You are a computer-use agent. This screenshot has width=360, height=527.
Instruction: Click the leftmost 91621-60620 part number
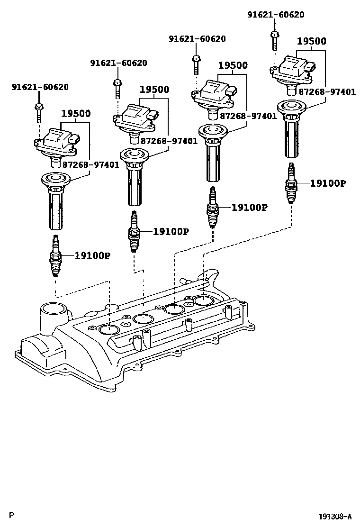[x=40, y=87]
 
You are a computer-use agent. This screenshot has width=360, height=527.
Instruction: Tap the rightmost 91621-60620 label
[x=276, y=15]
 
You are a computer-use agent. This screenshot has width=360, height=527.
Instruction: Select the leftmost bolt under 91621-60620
[x=38, y=110]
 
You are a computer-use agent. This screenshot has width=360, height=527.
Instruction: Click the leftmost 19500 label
[x=76, y=114]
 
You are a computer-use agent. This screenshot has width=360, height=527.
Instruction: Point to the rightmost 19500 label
[x=311, y=41]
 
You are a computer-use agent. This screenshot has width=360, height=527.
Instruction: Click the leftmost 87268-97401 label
[x=90, y=164]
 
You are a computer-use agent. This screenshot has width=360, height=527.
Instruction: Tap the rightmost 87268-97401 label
[x=326, y=92]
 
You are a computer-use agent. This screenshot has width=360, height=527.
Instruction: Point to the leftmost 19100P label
[x=92, y=255]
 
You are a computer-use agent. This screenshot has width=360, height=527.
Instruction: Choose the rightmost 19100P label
[x=328, y=183]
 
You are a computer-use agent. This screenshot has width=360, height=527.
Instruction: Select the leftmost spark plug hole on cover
[x=109, y=329]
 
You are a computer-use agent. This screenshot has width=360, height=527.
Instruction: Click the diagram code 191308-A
[x=335, y=516]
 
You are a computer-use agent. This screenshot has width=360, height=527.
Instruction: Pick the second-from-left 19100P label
[x=171, y=232]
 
